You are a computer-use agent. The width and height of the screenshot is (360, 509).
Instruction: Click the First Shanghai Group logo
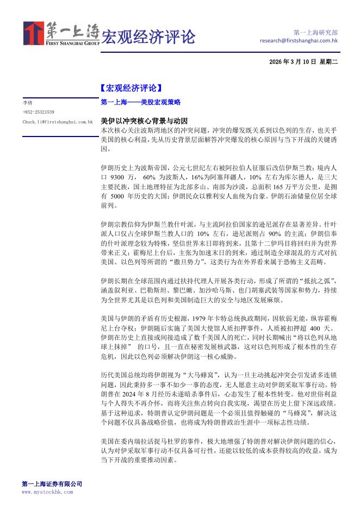point(61,34)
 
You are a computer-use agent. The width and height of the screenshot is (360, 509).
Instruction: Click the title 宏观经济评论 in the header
point(148,37)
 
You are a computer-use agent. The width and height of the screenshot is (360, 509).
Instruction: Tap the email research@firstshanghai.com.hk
point(299,40)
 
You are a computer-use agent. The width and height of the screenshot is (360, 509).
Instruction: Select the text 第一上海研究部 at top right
point(315,32)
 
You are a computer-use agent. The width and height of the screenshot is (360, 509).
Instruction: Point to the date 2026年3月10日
point(292,62)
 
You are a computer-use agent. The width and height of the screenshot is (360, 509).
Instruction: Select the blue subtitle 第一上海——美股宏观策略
point(141,102)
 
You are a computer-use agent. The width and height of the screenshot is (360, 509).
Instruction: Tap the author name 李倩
point(27,102)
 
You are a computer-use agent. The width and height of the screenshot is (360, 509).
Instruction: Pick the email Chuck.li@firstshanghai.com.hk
point(58,122)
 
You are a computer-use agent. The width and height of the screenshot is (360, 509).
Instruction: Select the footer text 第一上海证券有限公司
point(52,483)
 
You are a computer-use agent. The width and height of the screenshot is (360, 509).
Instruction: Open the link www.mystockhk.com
point(47,492)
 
